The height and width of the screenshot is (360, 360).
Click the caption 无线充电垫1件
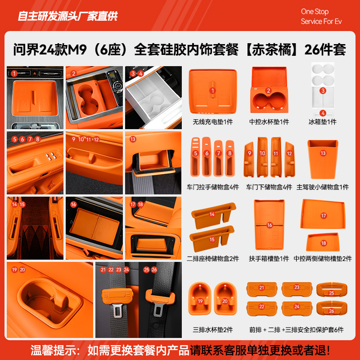tap(213, 122)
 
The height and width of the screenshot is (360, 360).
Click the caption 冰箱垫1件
tap(322, 122)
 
